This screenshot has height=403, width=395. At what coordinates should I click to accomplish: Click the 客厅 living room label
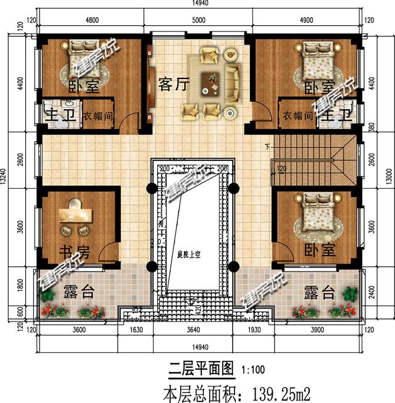[173, 83]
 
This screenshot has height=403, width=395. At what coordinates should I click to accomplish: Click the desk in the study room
[75, 214]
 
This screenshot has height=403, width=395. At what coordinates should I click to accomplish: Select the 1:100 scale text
[253, 370]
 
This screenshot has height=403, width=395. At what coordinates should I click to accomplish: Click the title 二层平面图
[202, 370]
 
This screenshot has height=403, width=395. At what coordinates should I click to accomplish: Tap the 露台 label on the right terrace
[319, 292]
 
